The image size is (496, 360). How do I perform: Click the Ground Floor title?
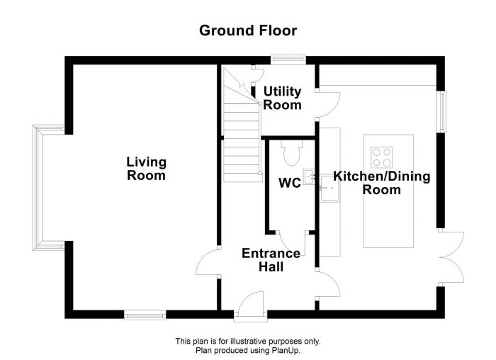pos(247,30)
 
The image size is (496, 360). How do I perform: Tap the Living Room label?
pos(146,169)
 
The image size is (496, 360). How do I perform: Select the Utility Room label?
pos(282,99)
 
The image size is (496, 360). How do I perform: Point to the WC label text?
pos(288,183)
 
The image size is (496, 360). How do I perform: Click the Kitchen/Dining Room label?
pos(381,183)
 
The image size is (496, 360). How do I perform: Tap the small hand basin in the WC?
pos(309,175)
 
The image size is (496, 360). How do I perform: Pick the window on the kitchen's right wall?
pos(441,111)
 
